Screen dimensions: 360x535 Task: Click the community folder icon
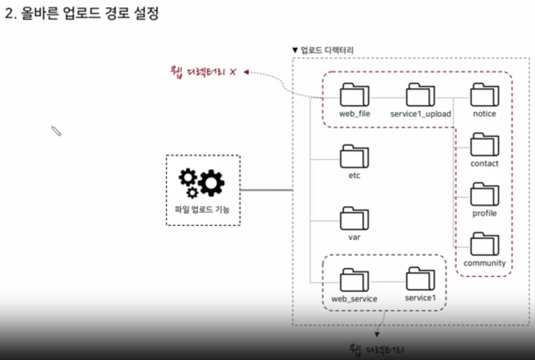(x=484, y=245)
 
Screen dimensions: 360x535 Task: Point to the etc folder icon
(x=354, y=157)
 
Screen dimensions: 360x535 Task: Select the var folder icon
(x=354, y=219)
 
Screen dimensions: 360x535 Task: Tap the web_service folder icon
(x=354, y=280)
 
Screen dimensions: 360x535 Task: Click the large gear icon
(x=211, y=182)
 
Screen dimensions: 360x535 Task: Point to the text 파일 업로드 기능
(x=202, y=210)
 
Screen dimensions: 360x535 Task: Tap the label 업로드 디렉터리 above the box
(x=326, y=50)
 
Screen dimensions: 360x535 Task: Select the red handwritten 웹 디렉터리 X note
(x=203, y=71)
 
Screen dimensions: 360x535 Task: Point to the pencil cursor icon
(x=56, y=131)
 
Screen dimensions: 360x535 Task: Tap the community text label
(x=484, y=263)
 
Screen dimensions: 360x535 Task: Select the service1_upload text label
(x=421, y=114)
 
